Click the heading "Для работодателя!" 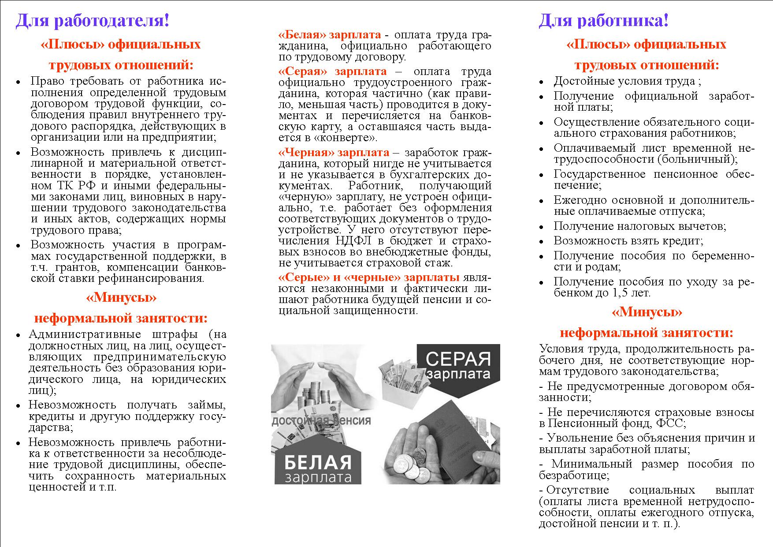[93, 21]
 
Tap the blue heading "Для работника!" [603, 21]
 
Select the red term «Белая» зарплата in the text [330, 35]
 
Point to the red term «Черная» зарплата [334, 153]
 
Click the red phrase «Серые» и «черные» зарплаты [369, 277]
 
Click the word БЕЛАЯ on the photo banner [317, 463]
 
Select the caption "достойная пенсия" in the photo [321, 420]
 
